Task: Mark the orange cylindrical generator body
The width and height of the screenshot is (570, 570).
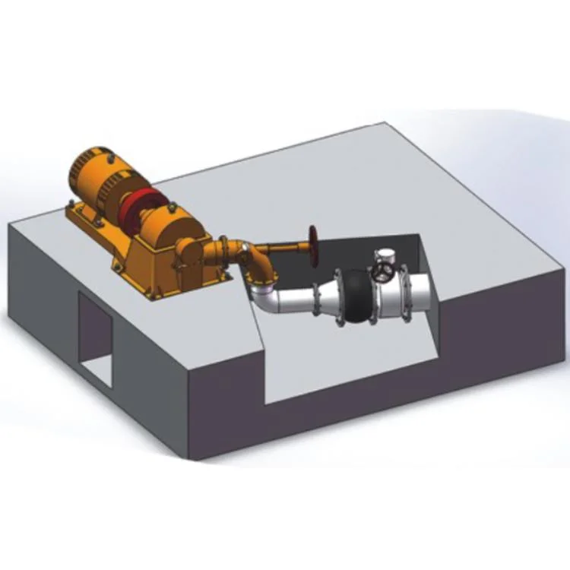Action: tap(96, 174)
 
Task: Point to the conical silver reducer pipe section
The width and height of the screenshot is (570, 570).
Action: tap(327, 299)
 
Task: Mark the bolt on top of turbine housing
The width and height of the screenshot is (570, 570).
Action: tap(173, 204)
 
